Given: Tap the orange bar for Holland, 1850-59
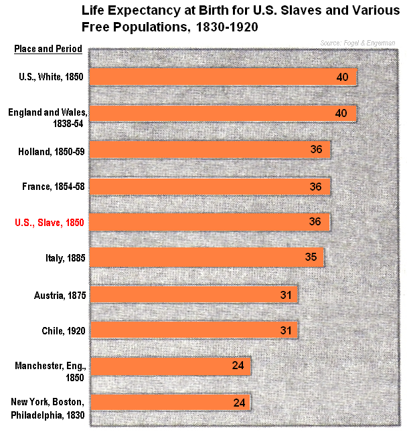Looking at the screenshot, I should tap(209, 149).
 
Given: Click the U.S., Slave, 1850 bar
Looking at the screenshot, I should tap(209, 222).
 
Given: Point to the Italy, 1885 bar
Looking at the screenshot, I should tap(206, 257).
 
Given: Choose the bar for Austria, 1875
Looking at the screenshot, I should tap(193, 294).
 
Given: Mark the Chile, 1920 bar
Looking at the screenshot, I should tap(193, 330).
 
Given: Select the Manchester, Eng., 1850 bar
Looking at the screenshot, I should tap(169, 366).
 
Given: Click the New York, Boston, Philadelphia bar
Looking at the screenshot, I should tap(169, 402).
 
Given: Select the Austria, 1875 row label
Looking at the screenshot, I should tap(59, 294).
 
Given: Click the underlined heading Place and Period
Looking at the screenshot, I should tap(49, 49).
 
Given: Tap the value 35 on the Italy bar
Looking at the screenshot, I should tap(311, 257).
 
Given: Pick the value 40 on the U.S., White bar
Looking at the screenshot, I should tap(342, 77).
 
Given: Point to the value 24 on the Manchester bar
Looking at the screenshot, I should tap(238, 366).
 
